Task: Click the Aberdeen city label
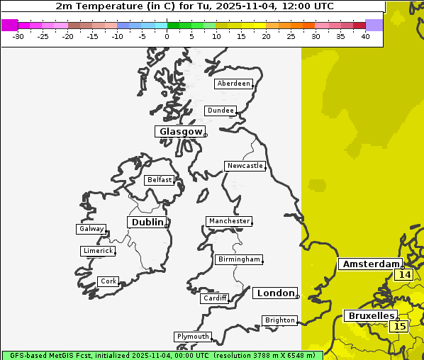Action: click(x=233, y=84)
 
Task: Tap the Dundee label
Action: click(x=220, y=111)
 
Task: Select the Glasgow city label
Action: click(x=180, y=132)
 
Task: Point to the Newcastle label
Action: click(x=245, y=167)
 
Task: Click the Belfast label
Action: click(x=159, y=180)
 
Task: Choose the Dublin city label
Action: click(x=147, y=223)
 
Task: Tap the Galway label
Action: click(x=91, y=229)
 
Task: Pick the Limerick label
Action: click(x=97, y=251)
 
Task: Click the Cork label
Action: click(x=108, y=281)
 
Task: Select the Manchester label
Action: click(x=228, y=221)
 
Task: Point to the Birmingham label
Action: click(x=239, y=259)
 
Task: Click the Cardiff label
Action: click(x=214, y=298)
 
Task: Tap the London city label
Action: click(x=274, y=293)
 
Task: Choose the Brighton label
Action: click(x=279, y=320)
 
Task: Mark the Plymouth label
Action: click(x=192, y=337)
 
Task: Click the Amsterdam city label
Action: click(x=370, y=264)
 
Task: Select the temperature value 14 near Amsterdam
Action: click(x=405, y=275)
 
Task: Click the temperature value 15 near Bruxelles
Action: click(x=400, y=327)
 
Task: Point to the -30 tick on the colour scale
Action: click(x=18, y=36)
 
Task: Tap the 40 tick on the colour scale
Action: click(x=365, y=36)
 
